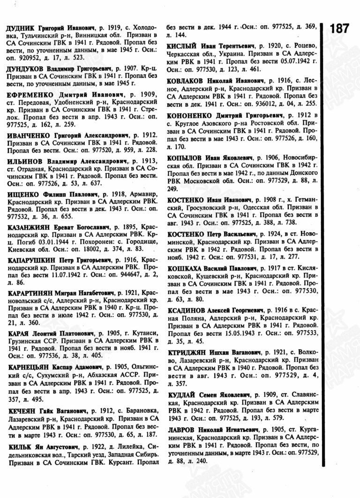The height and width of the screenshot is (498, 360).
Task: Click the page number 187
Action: pyautogui.click(x=339, y=28)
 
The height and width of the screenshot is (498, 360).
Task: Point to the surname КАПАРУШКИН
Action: pyautogui.click(x=32, y=259)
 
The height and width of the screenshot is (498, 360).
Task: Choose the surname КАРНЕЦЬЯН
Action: pyautogui.click(x=31, y=368)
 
